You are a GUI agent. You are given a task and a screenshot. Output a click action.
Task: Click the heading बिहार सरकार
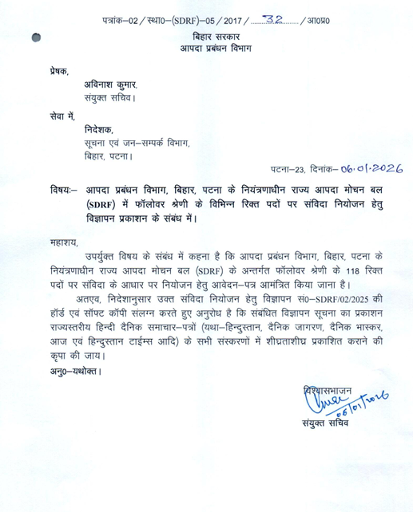click(x=212, y=38)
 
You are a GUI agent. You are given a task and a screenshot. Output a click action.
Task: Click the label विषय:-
click(x=62, y=191)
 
